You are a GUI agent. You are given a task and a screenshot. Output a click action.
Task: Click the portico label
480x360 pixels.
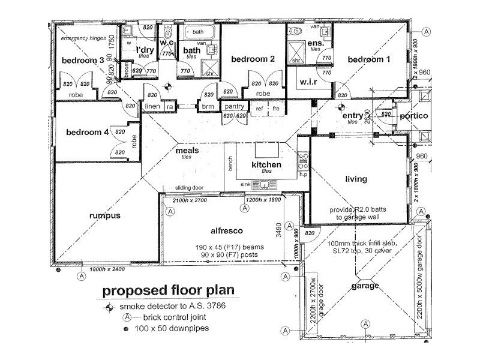pos(414,116)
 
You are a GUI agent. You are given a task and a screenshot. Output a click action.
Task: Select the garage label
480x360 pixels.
pos(365,286)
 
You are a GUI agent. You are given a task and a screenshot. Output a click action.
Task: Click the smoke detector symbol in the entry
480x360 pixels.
pos(341,109)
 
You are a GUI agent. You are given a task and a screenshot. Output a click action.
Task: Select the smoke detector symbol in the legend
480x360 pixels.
pos(109,307)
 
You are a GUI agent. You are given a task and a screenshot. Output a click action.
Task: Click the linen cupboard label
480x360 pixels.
pos(151,106)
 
